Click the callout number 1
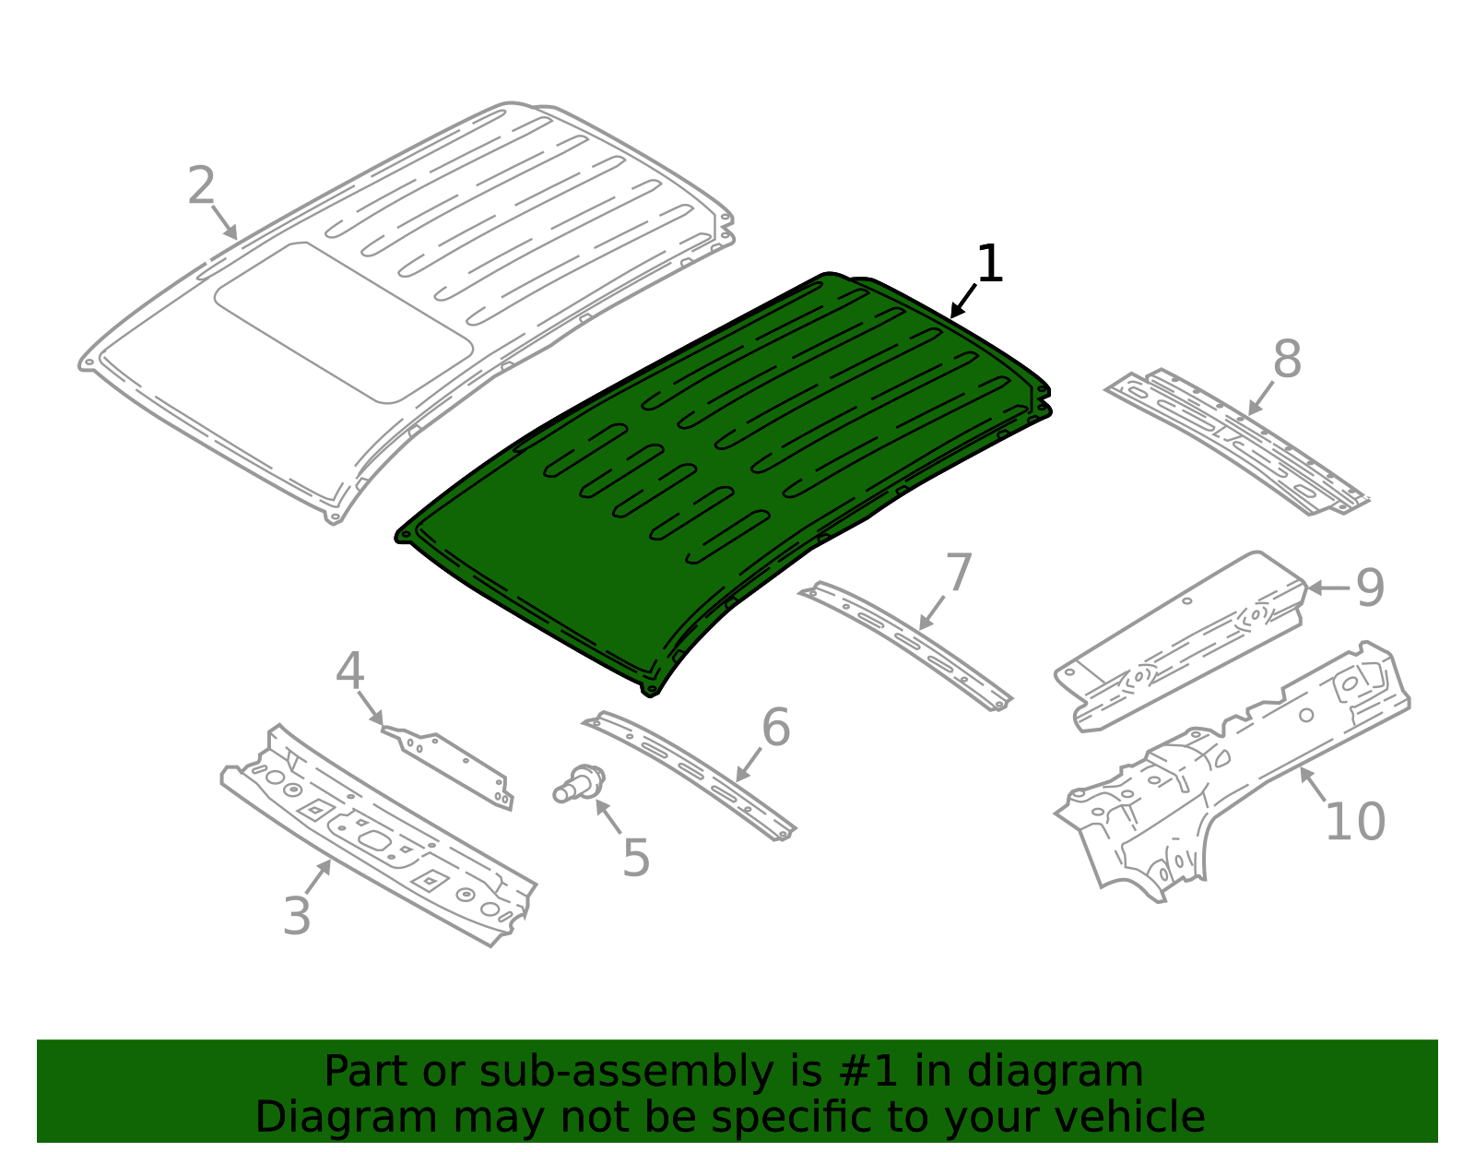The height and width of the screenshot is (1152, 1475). pyautogui.click(x=989, y=264)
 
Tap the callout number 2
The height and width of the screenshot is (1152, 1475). pyautogui.click(x=202, y=184)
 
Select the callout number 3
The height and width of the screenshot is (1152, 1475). pyautogui.click(x=297, y=916)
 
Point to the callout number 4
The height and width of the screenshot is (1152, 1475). pyautogui.click(x=350, y=671)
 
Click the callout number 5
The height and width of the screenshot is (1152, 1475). pyautogui.click(x=636, y=859)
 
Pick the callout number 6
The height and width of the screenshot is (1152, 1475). pyautogui.click(x=776, y=727)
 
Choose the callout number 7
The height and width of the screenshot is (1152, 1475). pyautogui.click(x=959, y=572)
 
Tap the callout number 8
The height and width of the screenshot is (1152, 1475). pyautogui.click(x=1287, y=359)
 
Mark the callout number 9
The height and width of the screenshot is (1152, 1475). pyautogui.click(x=1370, y=588)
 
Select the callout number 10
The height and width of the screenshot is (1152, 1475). pyautogui.click(x=1355, y=822)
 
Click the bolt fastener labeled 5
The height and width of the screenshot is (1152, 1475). pyautogui.click(x=579, y=785)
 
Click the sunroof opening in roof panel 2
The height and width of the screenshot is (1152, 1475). pyautogui.click(x=344, y=323)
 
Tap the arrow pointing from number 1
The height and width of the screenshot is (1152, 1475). pyautogui.click(x=963, y=301)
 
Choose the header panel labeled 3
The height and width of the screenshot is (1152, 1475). pyautogui.click(x=379, y=835)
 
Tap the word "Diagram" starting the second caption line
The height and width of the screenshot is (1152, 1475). pyautogui.click(x=347, y=1117)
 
